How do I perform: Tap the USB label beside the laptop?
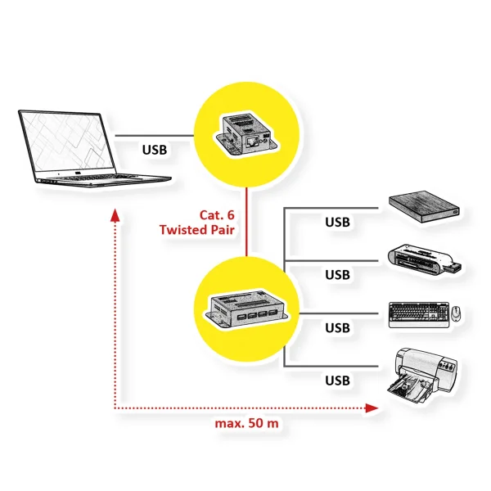(x=155, y=150)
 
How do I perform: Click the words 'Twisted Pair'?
(x=197, y=231)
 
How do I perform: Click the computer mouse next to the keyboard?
(x=456, y=313)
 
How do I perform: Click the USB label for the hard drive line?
(x=337, y=222)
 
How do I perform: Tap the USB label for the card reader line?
(x=337, y=274)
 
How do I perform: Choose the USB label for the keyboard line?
(x=337, y=327)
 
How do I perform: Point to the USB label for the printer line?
(x=337, y=381)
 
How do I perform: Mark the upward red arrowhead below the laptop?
(x=115, y=214)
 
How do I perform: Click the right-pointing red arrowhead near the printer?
(x=374, y=407)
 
